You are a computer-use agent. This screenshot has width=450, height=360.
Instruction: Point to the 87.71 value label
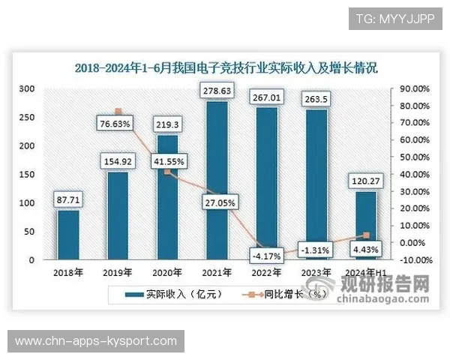68,199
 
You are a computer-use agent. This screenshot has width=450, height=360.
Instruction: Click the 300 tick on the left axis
27,88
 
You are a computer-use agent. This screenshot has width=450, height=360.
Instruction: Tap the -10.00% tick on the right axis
413,260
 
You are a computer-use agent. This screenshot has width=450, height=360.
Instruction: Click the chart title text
226,67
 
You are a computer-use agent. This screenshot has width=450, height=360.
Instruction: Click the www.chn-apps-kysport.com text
96,341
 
